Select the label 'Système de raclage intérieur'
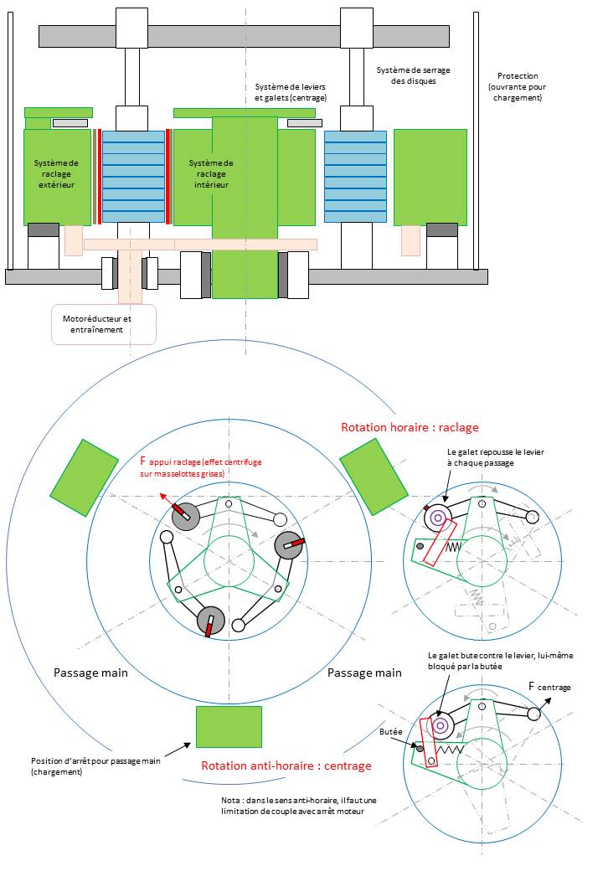(211, 173)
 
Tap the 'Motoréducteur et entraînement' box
(104, 324)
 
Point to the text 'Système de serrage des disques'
(406, 75)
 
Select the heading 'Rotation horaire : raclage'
(410, 427)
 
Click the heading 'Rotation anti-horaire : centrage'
(286, 765)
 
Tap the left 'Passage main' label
(90, 673)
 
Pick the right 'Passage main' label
(364, 673)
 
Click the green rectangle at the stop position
(229, 726)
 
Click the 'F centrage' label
(549, 687)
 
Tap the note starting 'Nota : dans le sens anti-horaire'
(293, 806)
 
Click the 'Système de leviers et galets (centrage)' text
(291, 92)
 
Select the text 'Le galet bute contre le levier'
(500, 661)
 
